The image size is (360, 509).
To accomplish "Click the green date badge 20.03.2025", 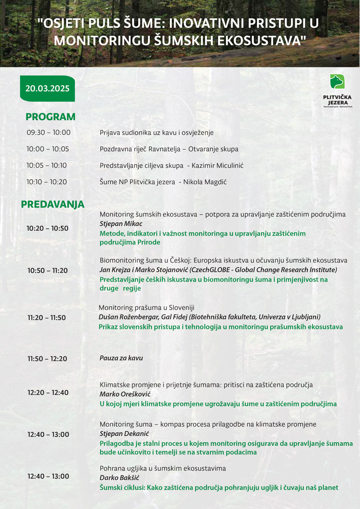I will pos(47,88).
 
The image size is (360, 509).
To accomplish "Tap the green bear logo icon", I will pos(337,82).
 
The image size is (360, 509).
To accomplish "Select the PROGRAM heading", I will pos(50,117).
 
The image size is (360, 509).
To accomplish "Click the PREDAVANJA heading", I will pos(53,204).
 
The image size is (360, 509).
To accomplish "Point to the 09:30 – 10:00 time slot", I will pos(49,132).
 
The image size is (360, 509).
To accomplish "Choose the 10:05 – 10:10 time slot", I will pos(47,165).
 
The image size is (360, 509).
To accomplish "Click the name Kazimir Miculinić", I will pos(217,165).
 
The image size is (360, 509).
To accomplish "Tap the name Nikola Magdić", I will pos(205,182).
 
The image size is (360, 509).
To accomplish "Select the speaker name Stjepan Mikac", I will pos(121,224).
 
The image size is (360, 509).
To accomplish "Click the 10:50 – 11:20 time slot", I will pos(48,271).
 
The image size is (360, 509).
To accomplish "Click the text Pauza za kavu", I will pos(121,358).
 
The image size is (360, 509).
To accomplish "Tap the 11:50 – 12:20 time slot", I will pos(48,359).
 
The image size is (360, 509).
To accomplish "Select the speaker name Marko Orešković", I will pos(125,394).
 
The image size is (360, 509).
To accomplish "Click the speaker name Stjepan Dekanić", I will pos(124,434).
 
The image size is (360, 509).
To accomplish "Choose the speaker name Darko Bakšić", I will pos(119,478).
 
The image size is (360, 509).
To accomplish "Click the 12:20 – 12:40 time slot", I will pos(48,392).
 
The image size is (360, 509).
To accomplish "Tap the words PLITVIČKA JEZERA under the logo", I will pos(337,100).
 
